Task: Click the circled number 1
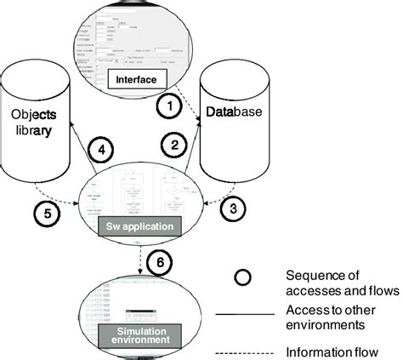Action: tap(169, 108)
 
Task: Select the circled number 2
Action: tap(173, 146)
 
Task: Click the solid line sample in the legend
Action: tap(246, 315)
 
